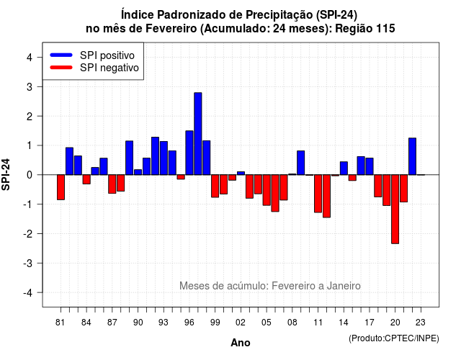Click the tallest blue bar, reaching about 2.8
coord(198,134)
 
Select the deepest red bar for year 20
coord(395,210)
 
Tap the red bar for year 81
coord(61,187)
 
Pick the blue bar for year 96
coord(189,153)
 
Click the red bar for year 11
coord(318,194)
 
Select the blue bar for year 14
coord(344,168)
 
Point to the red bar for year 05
coord(267,190)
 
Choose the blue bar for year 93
coord(164,158)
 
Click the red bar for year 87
coord(112,184)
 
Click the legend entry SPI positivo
coord(107,55)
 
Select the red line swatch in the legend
coord(61,67)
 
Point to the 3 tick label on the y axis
coord(30,86)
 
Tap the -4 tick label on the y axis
coord(27,292)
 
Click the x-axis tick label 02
coord(241,323)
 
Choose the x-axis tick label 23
coord(421,323)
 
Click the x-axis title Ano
coord(241,343)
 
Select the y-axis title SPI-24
coord(6,174)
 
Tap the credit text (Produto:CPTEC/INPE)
coord(394,338)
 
